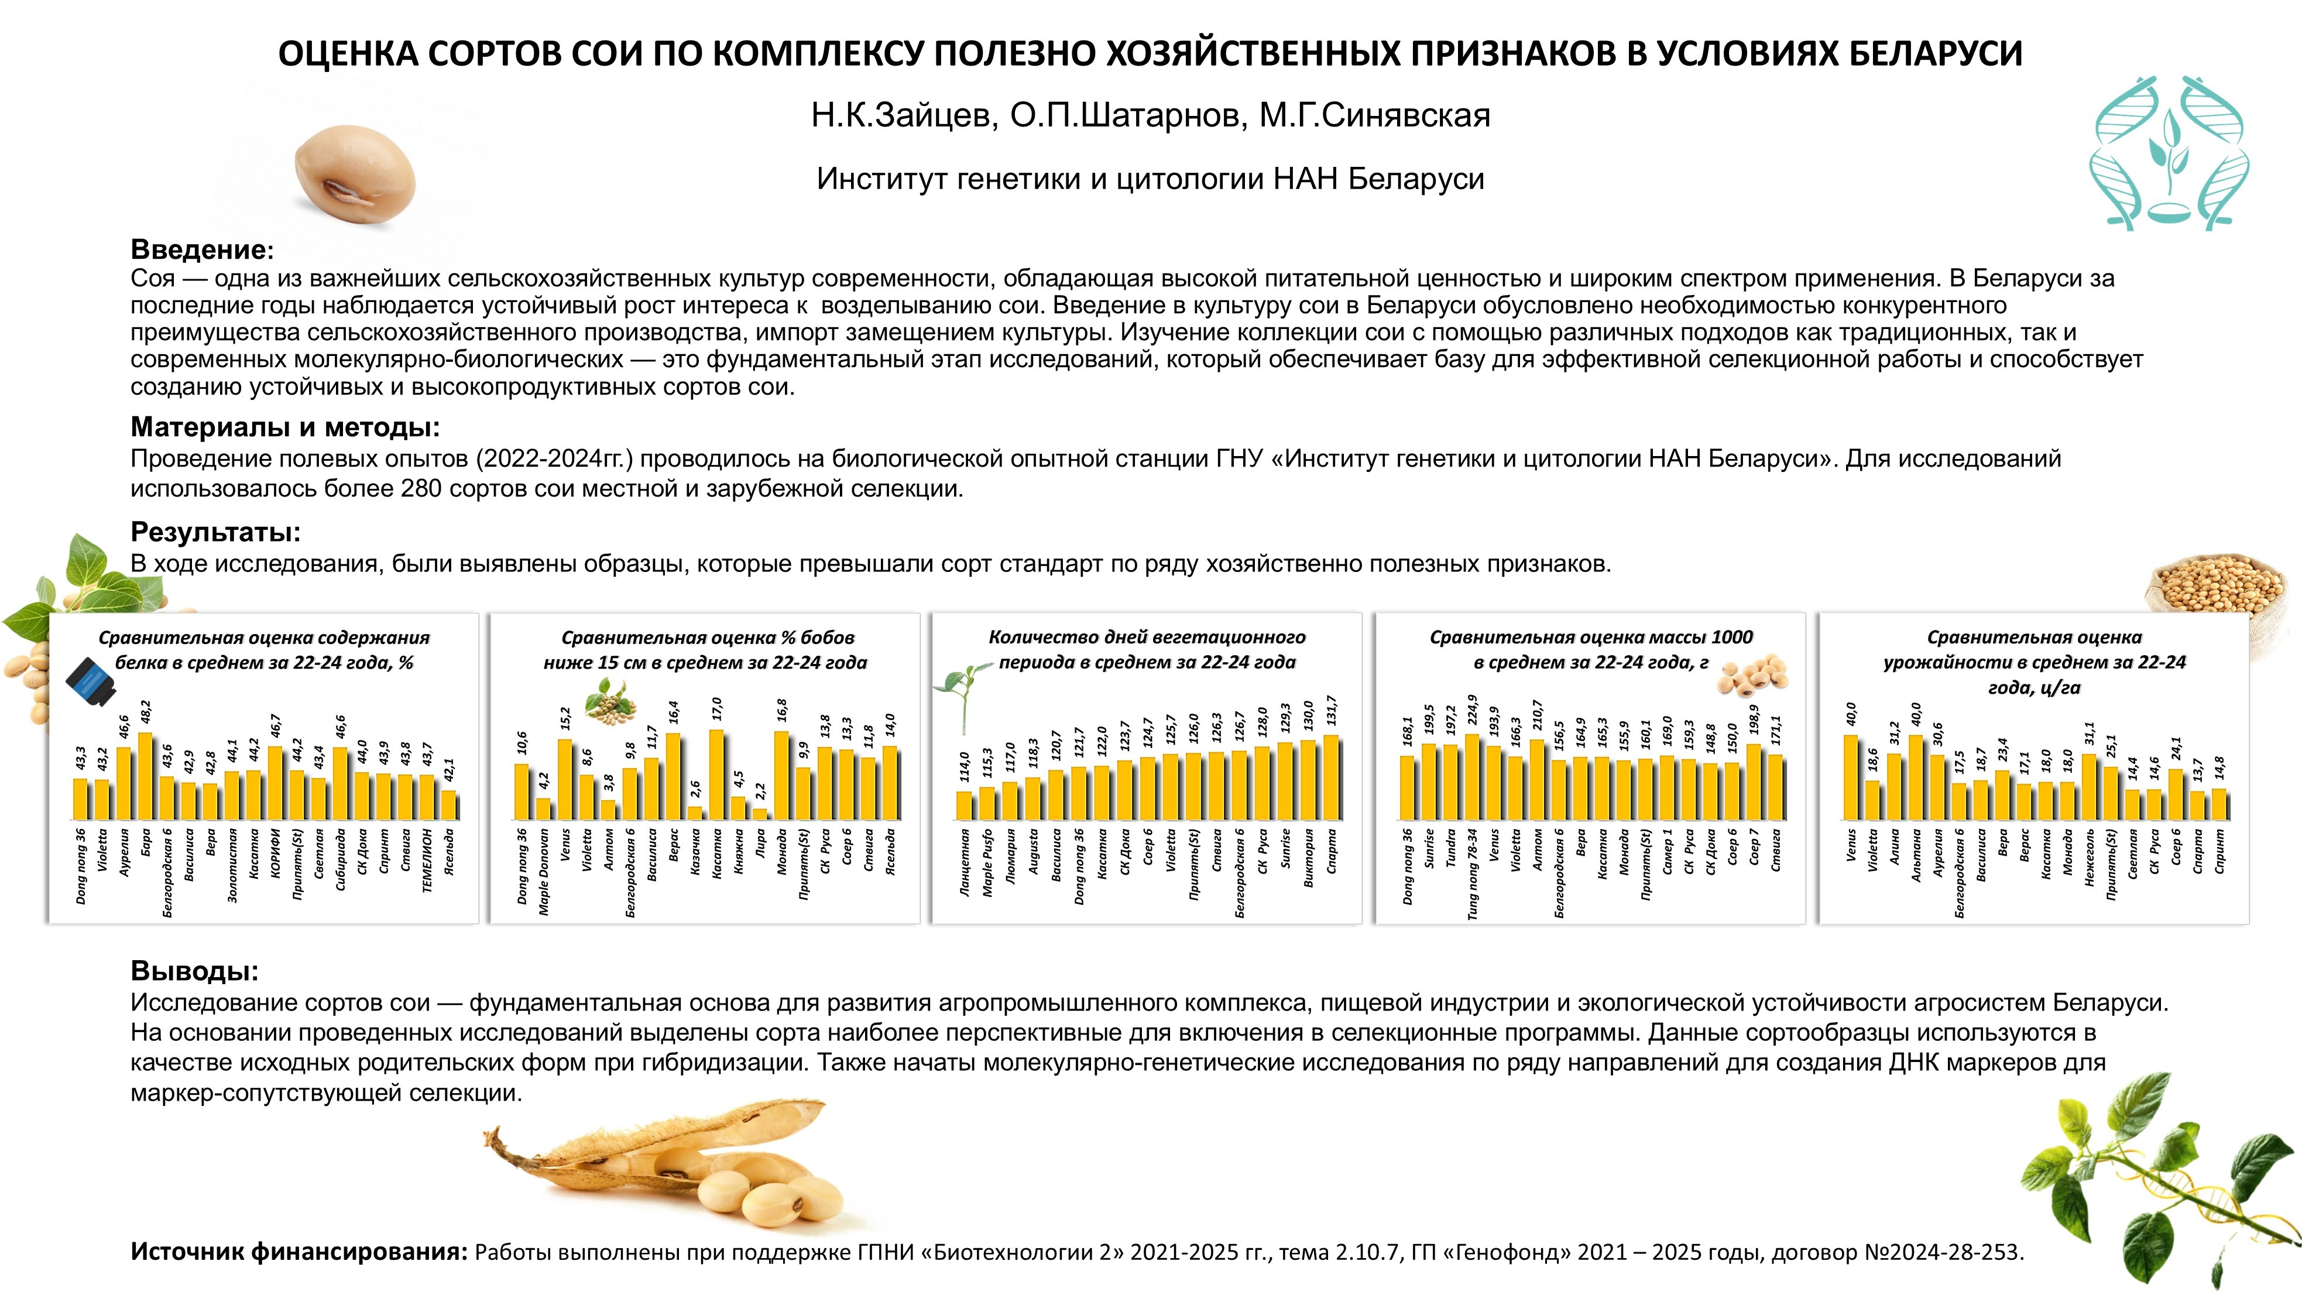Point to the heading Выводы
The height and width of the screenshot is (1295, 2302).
click(x=194, y=971)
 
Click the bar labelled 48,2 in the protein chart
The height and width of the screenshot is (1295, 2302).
click(x=145, y=776)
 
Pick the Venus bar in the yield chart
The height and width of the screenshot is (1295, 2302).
click(x=1851, y=777)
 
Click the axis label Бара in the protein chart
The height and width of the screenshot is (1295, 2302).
click(x=146, y=841)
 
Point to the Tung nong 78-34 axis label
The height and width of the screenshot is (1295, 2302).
click(x=1472, y=874)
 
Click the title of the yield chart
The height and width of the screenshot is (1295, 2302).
click(x=2034, y=662)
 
